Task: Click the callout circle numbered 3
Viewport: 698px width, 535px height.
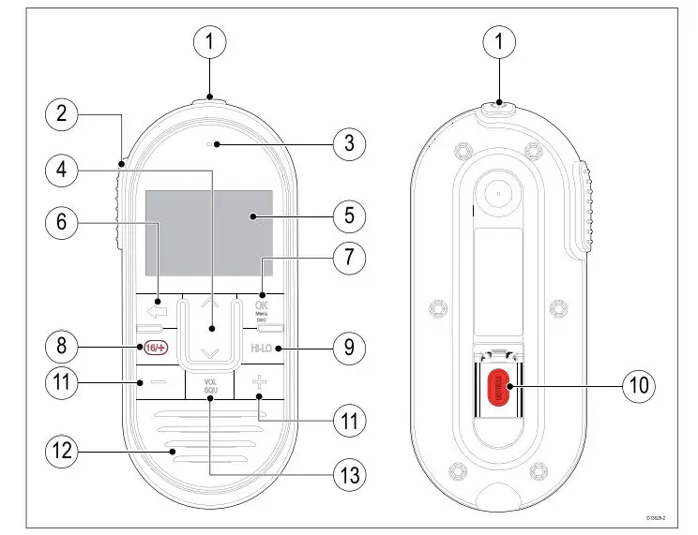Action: (349, 144)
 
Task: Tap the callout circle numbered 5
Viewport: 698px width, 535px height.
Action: (349, 215)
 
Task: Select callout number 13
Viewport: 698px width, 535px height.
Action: (349, 475)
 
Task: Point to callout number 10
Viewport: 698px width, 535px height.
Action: (642, 384)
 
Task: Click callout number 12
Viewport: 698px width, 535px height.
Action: (61, 452)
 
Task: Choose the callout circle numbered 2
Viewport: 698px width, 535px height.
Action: (61, 114)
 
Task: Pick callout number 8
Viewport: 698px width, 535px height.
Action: (61, 347)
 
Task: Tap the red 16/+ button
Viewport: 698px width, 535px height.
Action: (154, 348)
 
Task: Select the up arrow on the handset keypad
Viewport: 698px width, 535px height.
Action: (209, 304)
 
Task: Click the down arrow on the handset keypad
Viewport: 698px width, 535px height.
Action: (209, 352)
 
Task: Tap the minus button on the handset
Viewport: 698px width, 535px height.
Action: (157, 382)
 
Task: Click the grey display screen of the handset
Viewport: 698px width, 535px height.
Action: (208, 232)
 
